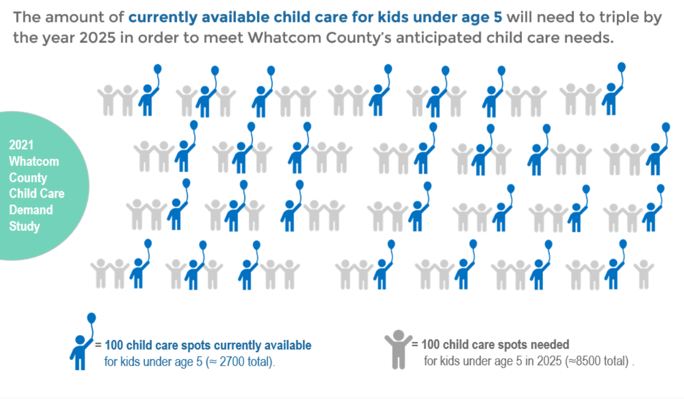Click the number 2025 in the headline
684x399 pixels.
(x=97, y=38)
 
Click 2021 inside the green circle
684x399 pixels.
(x=21, y=145)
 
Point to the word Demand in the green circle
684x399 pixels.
(x=31, y=210)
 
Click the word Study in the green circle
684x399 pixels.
(x=25, y=227)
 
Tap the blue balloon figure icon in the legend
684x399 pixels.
(x=82, y=341)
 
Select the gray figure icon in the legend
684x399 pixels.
(x=398, y=349)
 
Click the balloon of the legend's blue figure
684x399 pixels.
(x=91, y=318)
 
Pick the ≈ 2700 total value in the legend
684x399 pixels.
(x=239, y=362)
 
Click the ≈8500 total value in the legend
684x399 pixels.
(x=598, y=361)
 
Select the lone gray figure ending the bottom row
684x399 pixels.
(x=644, y=274)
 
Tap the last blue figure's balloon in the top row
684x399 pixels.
(x=621, y=68)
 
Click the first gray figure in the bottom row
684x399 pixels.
(x=101, y=273)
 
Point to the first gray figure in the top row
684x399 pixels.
(x=108, y=100)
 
